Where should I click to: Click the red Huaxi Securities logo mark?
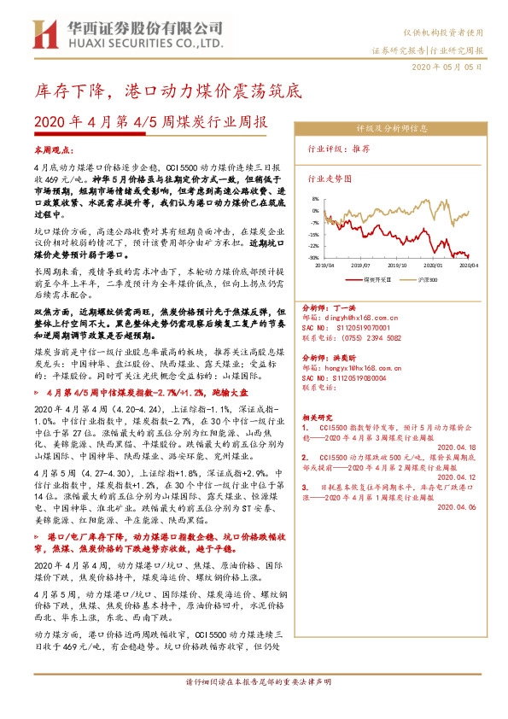[45, 34]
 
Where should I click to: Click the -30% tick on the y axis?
[314, 257]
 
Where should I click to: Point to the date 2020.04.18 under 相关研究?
[458, 446]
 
